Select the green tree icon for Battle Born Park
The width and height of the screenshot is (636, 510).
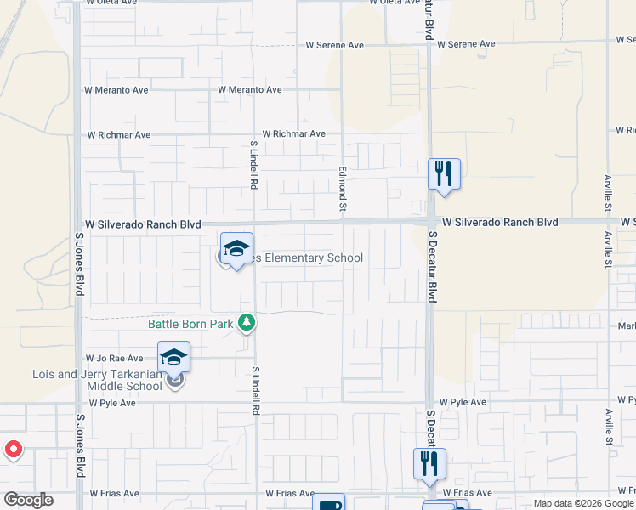[247, 322]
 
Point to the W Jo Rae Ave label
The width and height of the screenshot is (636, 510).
[114, 359]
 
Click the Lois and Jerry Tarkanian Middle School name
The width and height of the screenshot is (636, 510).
[97, 380]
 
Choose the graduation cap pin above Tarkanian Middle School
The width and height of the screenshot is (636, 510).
[173, 357]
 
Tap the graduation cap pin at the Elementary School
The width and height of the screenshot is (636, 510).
[237, 248]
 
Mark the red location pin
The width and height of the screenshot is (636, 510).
[13, 450]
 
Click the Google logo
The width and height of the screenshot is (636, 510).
[28, 500]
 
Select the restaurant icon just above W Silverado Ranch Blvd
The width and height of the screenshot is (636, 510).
[444, 175]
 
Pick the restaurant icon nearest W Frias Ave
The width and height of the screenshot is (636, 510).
[430, 464]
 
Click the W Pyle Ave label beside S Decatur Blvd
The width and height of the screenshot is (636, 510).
[463, 402]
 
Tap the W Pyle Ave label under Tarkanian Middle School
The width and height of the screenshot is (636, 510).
[112, 403]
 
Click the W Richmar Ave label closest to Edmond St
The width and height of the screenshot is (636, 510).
[293, 133]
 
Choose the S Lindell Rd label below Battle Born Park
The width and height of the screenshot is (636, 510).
[254, 391]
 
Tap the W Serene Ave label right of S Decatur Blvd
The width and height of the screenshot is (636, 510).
[466, 44]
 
